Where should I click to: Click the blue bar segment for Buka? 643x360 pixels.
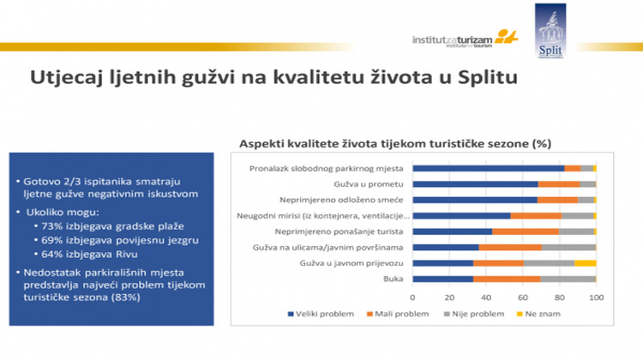point(442,279)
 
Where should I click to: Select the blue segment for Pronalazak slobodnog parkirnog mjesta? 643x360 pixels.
point(489,168)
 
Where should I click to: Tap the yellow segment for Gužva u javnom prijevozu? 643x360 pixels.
point(586,262)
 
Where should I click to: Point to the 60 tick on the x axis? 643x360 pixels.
point(523,296)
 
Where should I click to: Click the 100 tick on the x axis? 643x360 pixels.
point(596,296)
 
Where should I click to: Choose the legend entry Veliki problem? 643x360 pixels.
point(327,314)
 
